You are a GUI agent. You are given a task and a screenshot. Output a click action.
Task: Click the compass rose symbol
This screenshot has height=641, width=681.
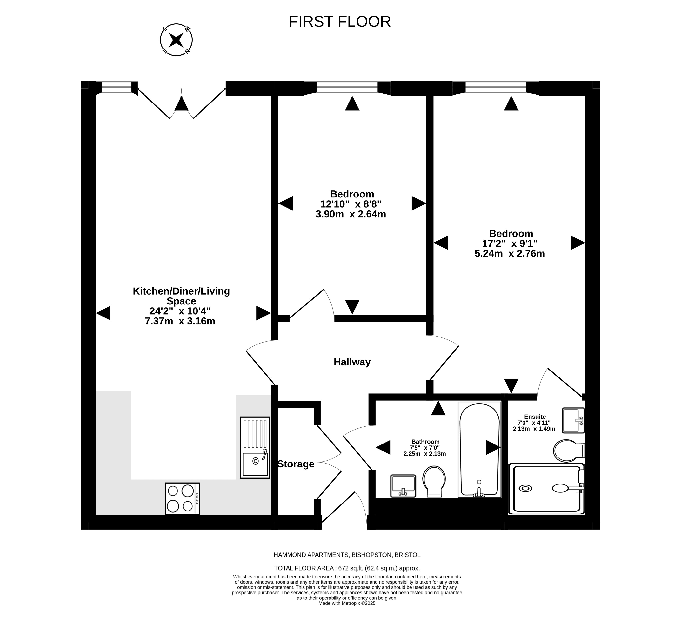click(x=177, y=40)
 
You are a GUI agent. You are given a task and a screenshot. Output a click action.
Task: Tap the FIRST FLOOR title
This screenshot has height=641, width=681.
click(x=340, y=22)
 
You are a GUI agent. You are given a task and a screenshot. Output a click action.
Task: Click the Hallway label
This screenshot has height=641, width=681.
click(x=352, y=362)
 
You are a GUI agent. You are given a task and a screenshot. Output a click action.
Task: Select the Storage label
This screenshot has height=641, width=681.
click(x=296, y=464)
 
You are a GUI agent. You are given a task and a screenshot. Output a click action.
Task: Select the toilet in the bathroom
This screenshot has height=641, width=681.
click(x=434, y=481)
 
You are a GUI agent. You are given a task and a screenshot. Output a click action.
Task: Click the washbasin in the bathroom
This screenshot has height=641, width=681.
click(x=403, y=486)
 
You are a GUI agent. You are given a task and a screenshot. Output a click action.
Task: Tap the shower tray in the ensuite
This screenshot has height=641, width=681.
click(x=547, y=489)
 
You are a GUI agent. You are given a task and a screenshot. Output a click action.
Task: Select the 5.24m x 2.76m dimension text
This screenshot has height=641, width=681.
click(x=510, y=254)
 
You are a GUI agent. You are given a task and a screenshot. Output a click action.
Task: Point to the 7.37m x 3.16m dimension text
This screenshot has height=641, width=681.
click(x=180, y=321)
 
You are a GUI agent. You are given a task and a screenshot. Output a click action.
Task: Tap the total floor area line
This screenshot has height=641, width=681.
click(x=347, y=568)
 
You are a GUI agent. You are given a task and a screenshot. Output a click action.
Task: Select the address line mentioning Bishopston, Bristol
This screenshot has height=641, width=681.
click(x=347, y=555)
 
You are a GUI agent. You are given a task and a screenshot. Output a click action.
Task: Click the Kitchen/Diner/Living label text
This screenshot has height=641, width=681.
click(x=181, y=291)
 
